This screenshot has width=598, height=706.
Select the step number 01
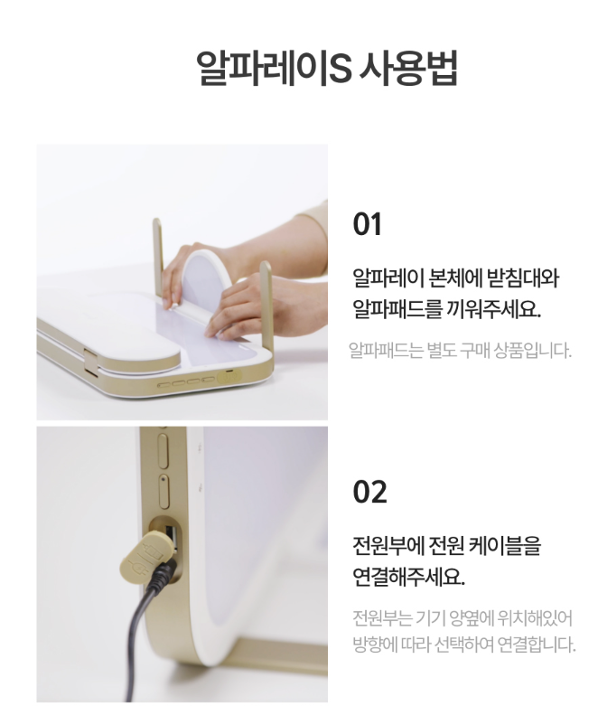click(x=367, y=224)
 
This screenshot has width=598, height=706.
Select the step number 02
click(x=369, y=491)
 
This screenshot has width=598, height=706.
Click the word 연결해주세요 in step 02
click(x=408, y=577)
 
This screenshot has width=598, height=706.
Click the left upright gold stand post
click(x=157, y=257)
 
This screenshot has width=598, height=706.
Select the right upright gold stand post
click(x=266, y=308)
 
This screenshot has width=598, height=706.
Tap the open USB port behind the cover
click(x=171, y=537)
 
